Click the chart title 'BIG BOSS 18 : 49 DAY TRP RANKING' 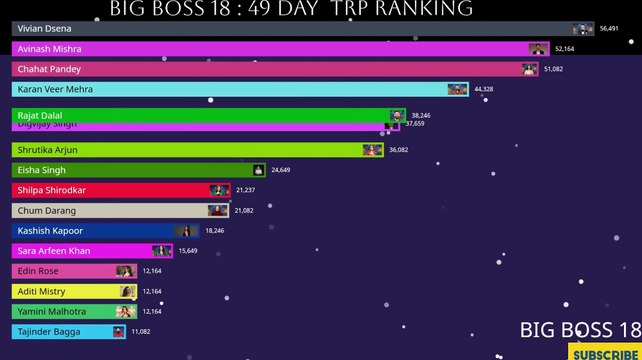coord(291,9)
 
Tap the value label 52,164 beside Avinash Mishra coord(565,49)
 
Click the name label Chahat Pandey coord(49,69)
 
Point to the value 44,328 coord(484,89)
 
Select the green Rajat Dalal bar coord(200,115)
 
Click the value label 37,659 coord(415,124)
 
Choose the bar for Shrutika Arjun coord(190,150)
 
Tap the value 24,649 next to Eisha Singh coord(280,170)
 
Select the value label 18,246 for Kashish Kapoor coord(215,231)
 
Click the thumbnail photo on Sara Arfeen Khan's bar coord(162,251)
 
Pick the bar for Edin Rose coord(70,271)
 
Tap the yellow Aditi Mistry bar coord(70,291)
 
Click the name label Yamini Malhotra coord(52,312)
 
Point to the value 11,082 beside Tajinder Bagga coord(140,331)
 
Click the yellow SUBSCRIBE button coord(604,353)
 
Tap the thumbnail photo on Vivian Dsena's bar coord(581,29)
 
